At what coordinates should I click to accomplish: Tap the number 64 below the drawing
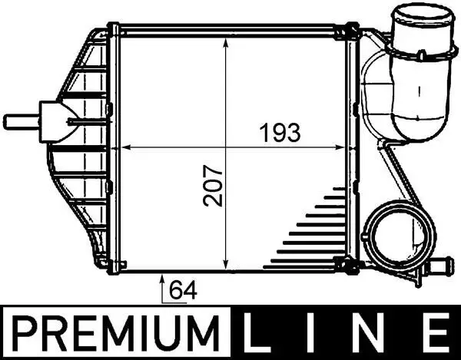(x=181, y=290)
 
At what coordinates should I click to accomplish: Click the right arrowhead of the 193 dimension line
(x=344, y=146)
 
